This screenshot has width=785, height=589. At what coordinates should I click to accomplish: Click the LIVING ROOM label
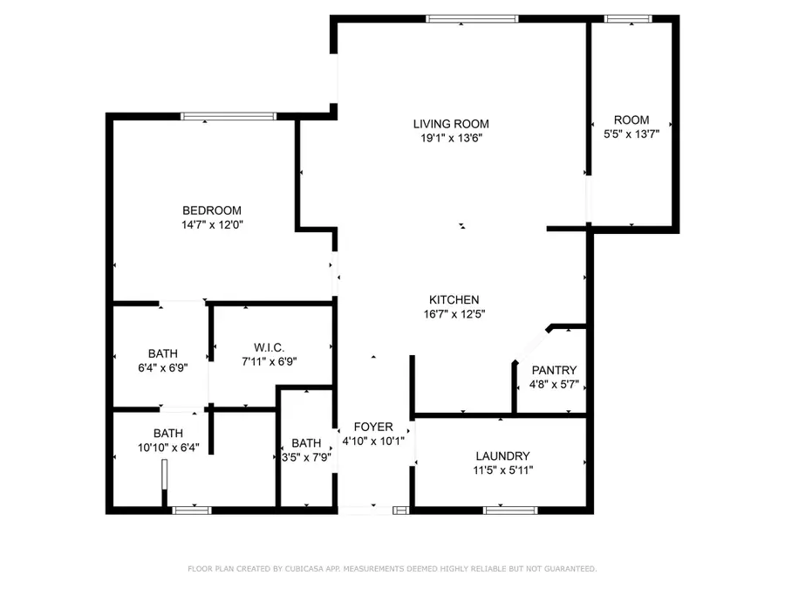[451, 124]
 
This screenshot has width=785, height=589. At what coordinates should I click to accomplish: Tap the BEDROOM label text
[212, 210]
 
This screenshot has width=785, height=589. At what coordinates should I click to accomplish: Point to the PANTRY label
[554, 370]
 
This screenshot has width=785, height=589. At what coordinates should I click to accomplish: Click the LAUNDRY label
[502, 455]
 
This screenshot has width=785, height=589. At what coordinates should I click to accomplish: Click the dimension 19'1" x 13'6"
[451, 138]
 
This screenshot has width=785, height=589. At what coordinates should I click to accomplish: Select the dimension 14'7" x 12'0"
[212, 224]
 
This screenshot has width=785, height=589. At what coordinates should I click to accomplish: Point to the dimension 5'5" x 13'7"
[631, 134]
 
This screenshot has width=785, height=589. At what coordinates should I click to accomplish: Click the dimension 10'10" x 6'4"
[168, 448]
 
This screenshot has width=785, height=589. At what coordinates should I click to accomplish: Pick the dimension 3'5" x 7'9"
[306, 456]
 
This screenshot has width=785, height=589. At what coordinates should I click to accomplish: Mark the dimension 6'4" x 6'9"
[162, 367]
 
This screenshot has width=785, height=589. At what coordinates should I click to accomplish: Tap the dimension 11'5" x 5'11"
[502, 470]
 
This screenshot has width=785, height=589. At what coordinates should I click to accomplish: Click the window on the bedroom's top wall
[229, 116]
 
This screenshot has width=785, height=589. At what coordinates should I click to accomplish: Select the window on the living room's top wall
[472, 18]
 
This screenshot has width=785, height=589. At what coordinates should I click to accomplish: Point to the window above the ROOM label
[628, 18]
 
